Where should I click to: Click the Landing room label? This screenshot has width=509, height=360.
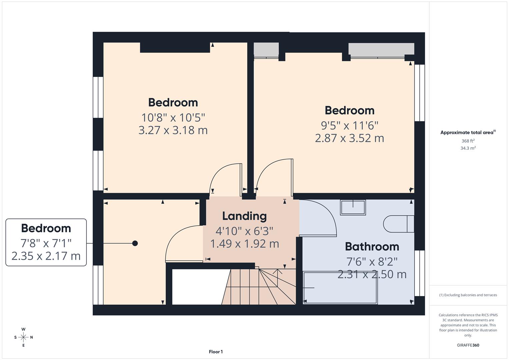click(244, 216)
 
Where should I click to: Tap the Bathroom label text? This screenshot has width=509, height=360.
click(372, 247)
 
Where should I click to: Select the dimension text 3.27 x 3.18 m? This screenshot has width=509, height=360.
click(173, 130)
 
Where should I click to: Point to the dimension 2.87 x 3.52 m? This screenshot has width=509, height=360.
click(349, 138)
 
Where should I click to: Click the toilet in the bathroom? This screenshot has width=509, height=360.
click(398, 224)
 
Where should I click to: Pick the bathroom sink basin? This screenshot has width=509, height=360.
click(353, 207)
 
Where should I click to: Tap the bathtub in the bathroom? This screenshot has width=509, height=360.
click(340, 288)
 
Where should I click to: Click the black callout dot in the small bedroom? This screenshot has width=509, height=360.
click(135, 243)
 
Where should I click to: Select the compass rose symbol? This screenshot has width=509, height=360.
click(23, 337)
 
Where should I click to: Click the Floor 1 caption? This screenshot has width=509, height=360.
click(216, 352)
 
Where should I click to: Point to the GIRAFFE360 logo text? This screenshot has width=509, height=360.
click(468, 345)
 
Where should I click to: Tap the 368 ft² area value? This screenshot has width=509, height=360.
click(468, 141)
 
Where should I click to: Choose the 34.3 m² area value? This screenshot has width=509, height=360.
click(468, 148)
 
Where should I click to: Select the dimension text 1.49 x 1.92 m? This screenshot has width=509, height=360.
click(244, 244)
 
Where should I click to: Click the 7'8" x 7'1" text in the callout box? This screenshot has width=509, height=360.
click(46, 243)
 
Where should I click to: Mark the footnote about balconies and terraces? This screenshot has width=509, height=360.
click(468, 295)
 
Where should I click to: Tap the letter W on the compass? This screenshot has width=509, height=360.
click(23, 329)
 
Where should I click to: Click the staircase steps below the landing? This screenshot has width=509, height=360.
click(253, 287)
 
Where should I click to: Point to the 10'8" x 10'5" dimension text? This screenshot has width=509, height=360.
click(173, 118)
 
